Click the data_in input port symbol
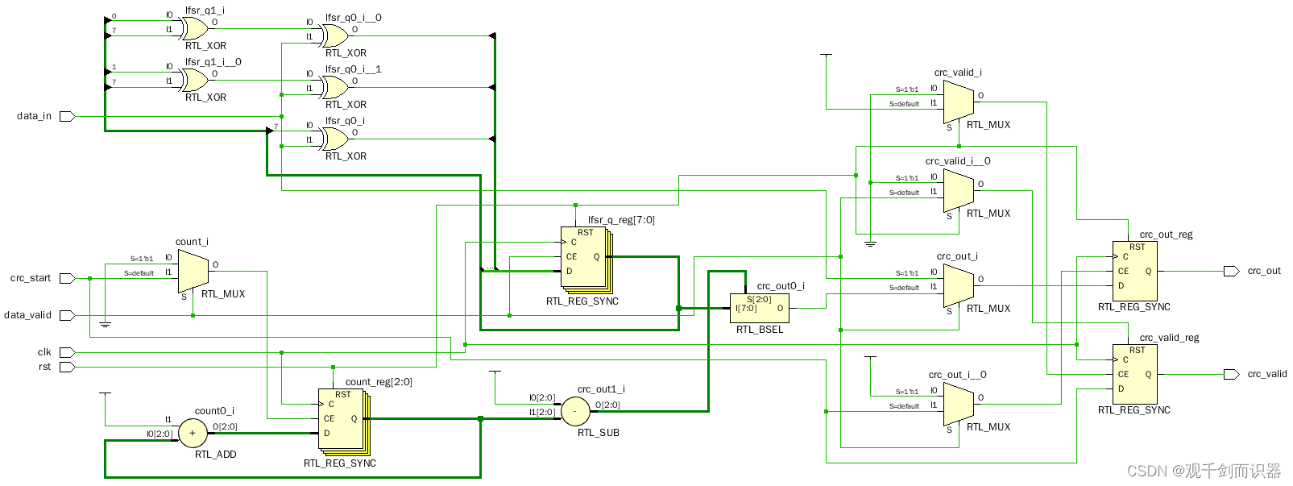(67, 116)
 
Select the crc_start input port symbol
(67, 278)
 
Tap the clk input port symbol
(67, 352)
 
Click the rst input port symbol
(67, 367)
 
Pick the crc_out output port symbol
(1231, 271)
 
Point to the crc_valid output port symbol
(1231, 374)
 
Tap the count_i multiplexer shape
(193, 271)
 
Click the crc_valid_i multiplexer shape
(958, 102)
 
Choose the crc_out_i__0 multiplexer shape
(958, 403)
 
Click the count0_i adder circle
(192, 434)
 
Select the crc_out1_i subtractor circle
(574, 411)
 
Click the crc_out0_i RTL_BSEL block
(759, 308)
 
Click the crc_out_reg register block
(1134, 271)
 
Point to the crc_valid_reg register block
(1134, 374)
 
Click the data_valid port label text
(27, 315)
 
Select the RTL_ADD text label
(216, 455)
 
